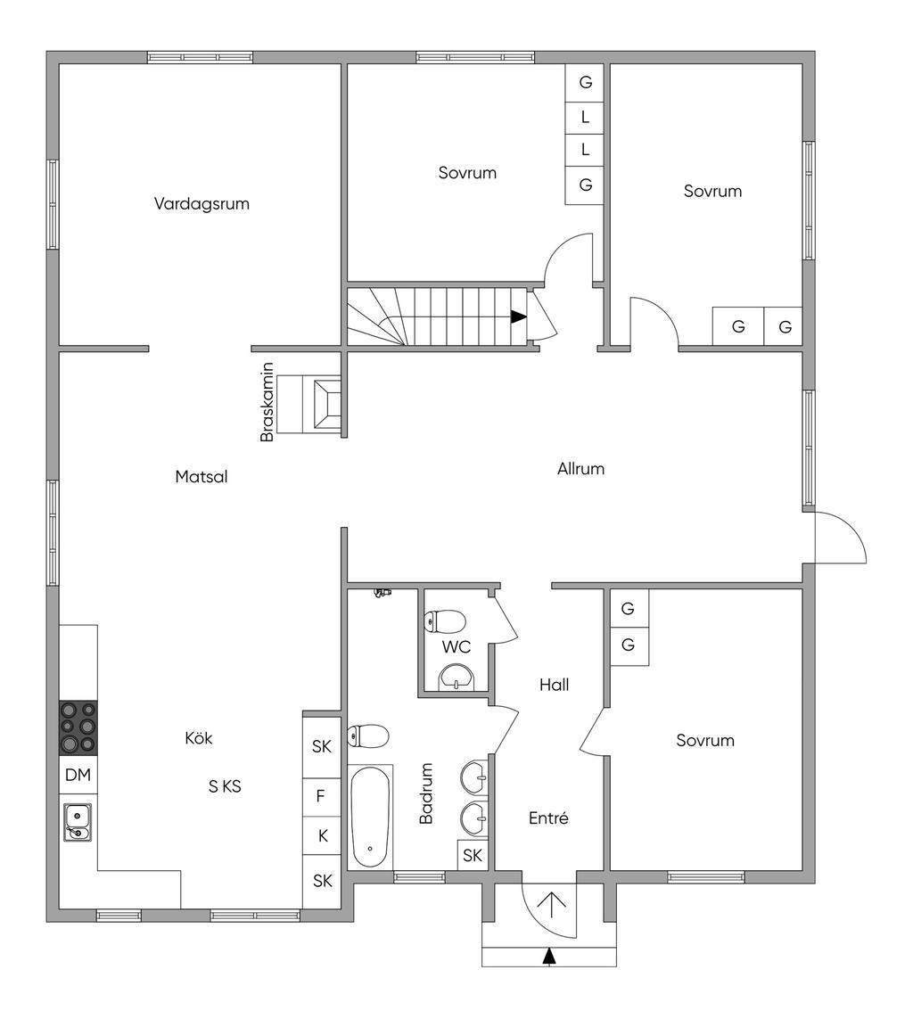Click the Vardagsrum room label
pyautogui.click(x=202, y=203)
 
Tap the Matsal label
pyautogui.click(x=202, y=477)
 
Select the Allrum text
pyautogui.click(x=580, y=468)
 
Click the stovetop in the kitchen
pyautogui.click(x=78, y=727)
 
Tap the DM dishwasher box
pyautogui.click(x=78, y=775)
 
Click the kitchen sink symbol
pyautogui.click(x=78, y=821)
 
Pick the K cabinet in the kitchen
pyautogui.click(x=321, y=835)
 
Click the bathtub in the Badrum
pyautogui.click(x=371, y=817)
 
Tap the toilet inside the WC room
pyautogui.click(x=446, y=620)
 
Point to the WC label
pyautogui.click(x=456, y=646)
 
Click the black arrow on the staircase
pyautogui.click(x=518, y=316)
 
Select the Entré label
pyautogui.click(x=548, y=818)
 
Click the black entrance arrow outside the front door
pyautogui.click(x=549, y=956)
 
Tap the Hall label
pyautogui.click(x=554, y=685)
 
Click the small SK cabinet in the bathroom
pyautogui.click(x=473, y=855)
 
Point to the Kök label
pyautogui.click(x=199, y=738)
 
